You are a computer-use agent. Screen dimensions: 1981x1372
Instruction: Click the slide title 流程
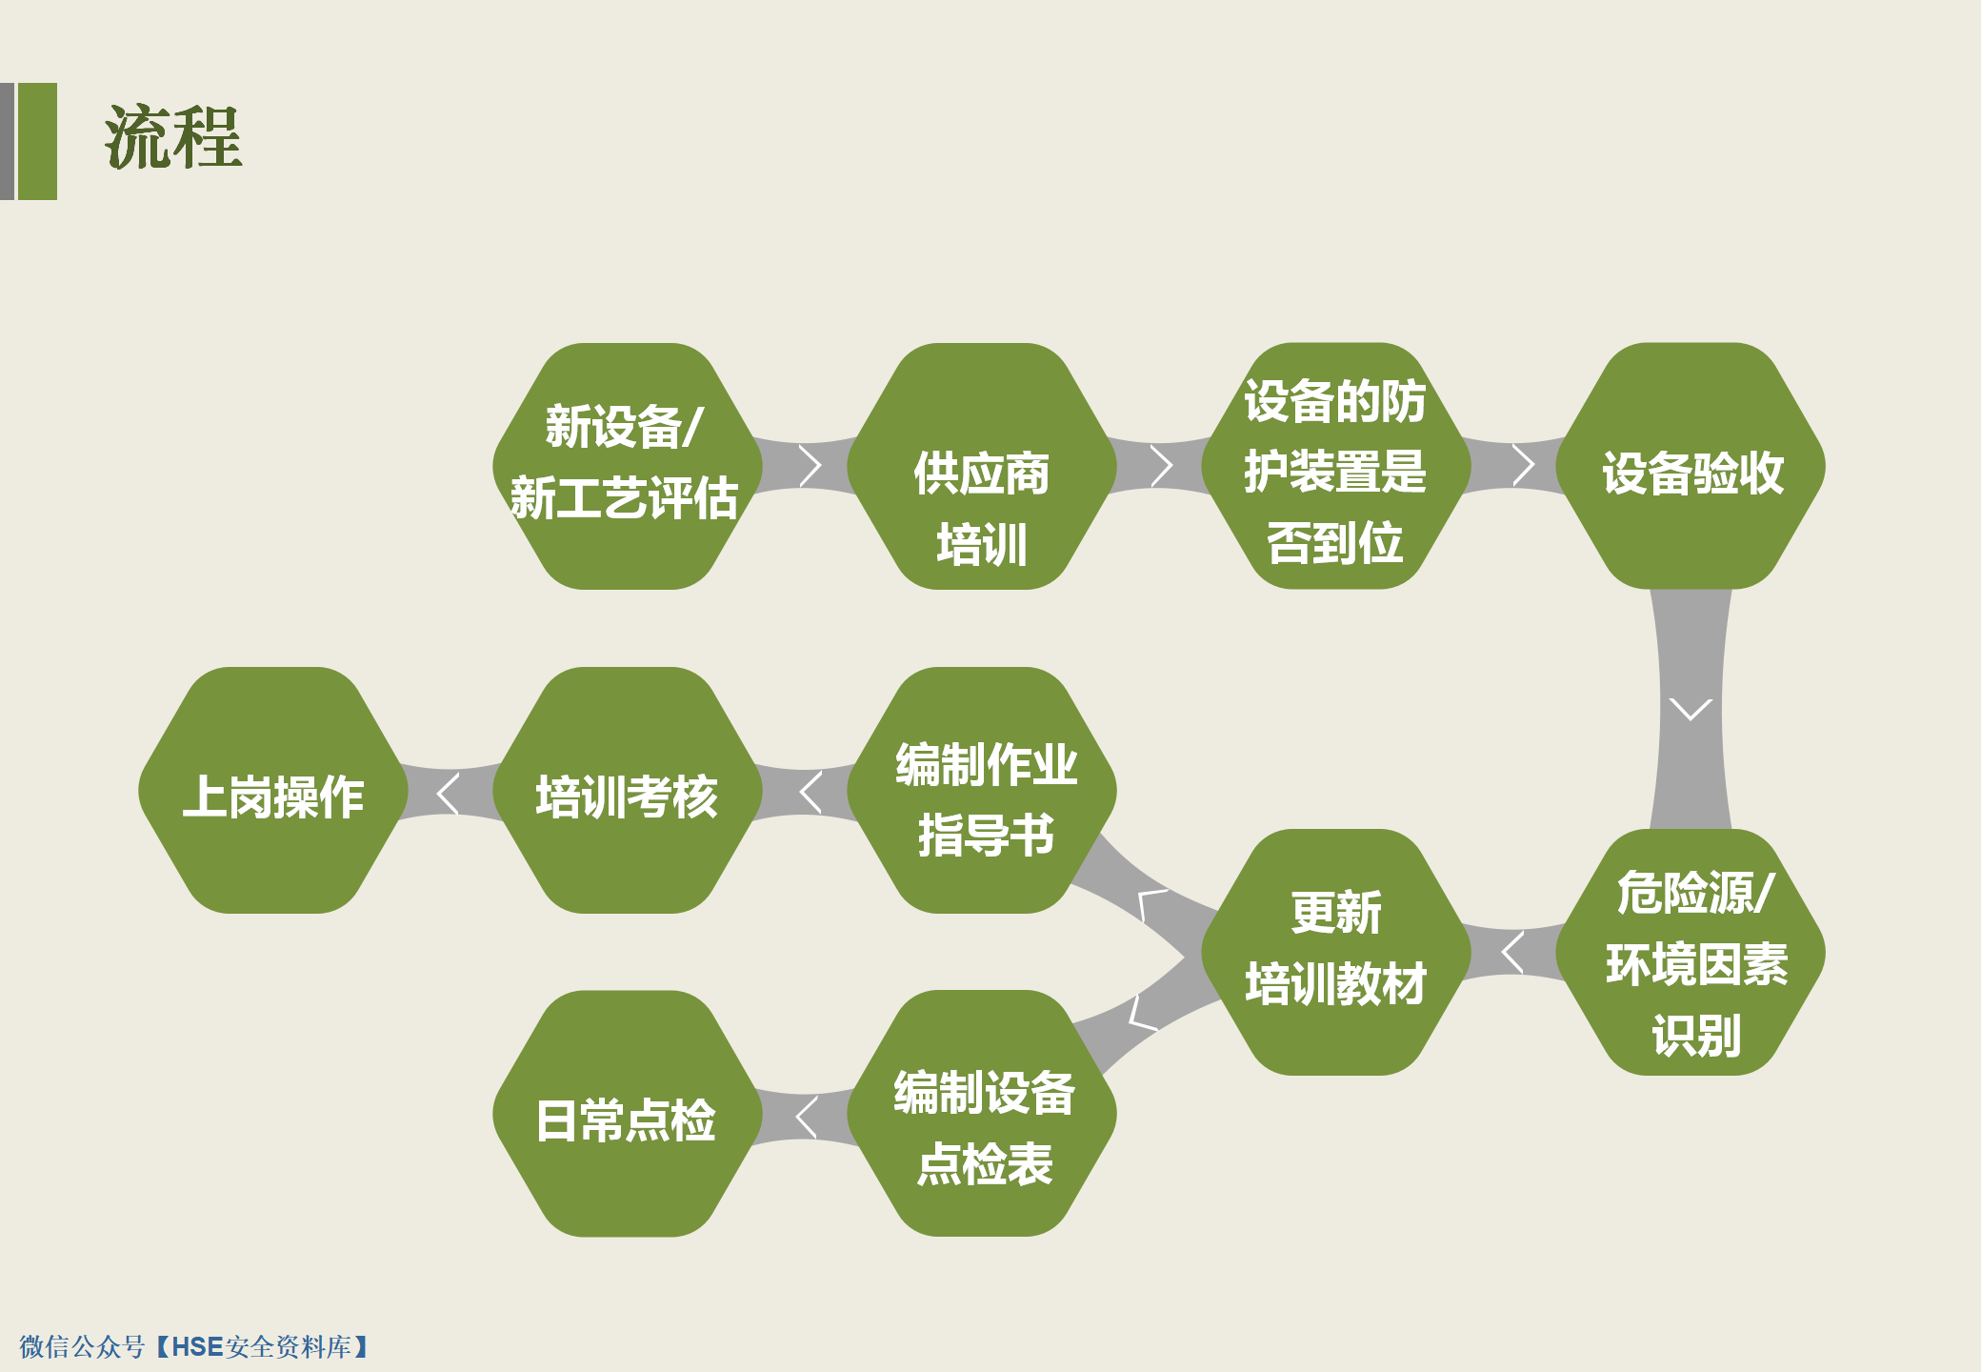pyautogui.click(x=173, y=138)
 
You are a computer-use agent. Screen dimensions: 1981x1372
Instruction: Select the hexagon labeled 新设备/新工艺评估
pyautogui.click(x=628, y=466)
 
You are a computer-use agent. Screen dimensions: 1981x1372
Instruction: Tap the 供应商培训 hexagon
pyautogui.click(x=982, y=466)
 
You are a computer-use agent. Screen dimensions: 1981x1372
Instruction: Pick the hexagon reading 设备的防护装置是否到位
pyautogui.click(x=1336, y=466)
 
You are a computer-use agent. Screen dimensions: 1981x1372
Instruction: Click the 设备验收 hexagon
pyautogui.click(x=1691, y=466)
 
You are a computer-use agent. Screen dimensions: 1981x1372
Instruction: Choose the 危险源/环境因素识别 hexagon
pyautogui.click(x=1691, y=952)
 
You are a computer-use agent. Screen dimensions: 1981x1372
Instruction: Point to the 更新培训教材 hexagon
pyautogui.click(x=1336, y=952)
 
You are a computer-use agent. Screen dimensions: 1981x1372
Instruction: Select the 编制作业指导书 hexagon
pyautogui.click(x=982, y=790)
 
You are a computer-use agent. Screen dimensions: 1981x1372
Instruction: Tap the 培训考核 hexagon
pyautogui.click(x=628, y=790)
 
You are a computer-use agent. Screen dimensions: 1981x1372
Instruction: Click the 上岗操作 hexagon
pyautogui.click(x=273, y=790)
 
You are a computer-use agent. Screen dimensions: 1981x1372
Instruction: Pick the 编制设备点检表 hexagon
pyautogui.click(x=982, y=1114)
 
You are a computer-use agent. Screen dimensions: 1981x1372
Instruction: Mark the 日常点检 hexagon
pyautogui.click(x=628, y=1114)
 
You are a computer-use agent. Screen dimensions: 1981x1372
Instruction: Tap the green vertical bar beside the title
pyautogui.click(x=37, y=141)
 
